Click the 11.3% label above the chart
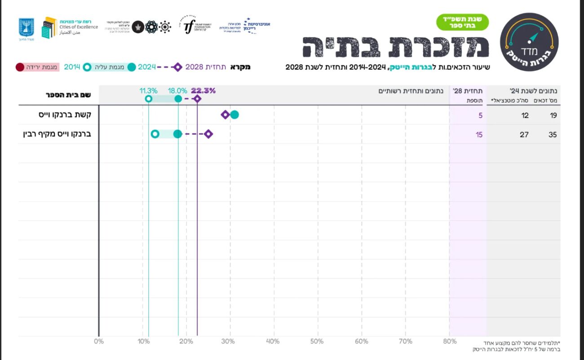pyautogui.click(x=148, y=91)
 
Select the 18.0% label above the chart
pyautogui.click(x=177, y=91)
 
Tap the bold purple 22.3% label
pyautogui.click(x=203, y=91)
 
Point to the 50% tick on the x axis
pyautogui.click(x=317, y=342)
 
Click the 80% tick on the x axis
pyautogui.click(x=449, y=342)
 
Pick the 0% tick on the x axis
pyautogui.click(x=99, y=342)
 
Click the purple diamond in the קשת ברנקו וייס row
pyautogui.click(x=226, y=115)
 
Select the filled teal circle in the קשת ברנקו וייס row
pyautogui.click(x=234, y=115)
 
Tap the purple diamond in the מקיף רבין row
pyautogui.click(x=208, y=134)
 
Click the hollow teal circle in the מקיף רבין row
pyautogui.click(x=155, y=134)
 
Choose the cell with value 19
pyautogui.click(x=553, y=115)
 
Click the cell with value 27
pyautogui.click(x=524, y=135)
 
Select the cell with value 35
pyautogui.click(x=553, y=135)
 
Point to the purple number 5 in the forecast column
pyautogui.click(x=480, y=115)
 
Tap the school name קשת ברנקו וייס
pyautogui.click(x=65, y=115)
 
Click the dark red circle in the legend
pyautogui.click(x=20, y=67)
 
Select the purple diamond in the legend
pyautogui.click(x=178, y=67)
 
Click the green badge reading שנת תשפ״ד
pyautogui.click(x=462, y=22)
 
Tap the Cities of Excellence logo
pyautogui.click(x=70, y=27)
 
